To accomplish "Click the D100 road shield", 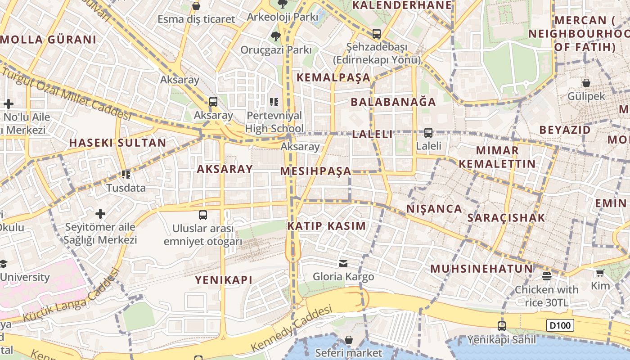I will coord(560,325).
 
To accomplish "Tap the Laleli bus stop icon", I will coord(428,133).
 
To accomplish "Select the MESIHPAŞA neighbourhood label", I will coord(315,171).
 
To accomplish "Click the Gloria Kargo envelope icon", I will coord(343,263).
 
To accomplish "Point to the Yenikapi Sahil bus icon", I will coord(501,326).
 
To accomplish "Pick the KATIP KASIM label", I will coord(326,226).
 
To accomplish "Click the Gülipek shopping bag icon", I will coord(586,83).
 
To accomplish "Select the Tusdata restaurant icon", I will coord(126,174).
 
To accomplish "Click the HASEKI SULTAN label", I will coord(117,143).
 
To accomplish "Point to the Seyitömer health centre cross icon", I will coord(100,213).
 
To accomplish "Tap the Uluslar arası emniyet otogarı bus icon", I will coord(203,215).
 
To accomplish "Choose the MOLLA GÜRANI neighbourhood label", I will coord(48,40).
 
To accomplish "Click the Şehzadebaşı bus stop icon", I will coord(377,34).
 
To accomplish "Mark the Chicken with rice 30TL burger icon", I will coord(547,276).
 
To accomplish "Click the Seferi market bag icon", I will coord(348,340).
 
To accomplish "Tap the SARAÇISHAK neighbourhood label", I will coord(506,218).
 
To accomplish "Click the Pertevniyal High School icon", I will coord(274,103).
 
